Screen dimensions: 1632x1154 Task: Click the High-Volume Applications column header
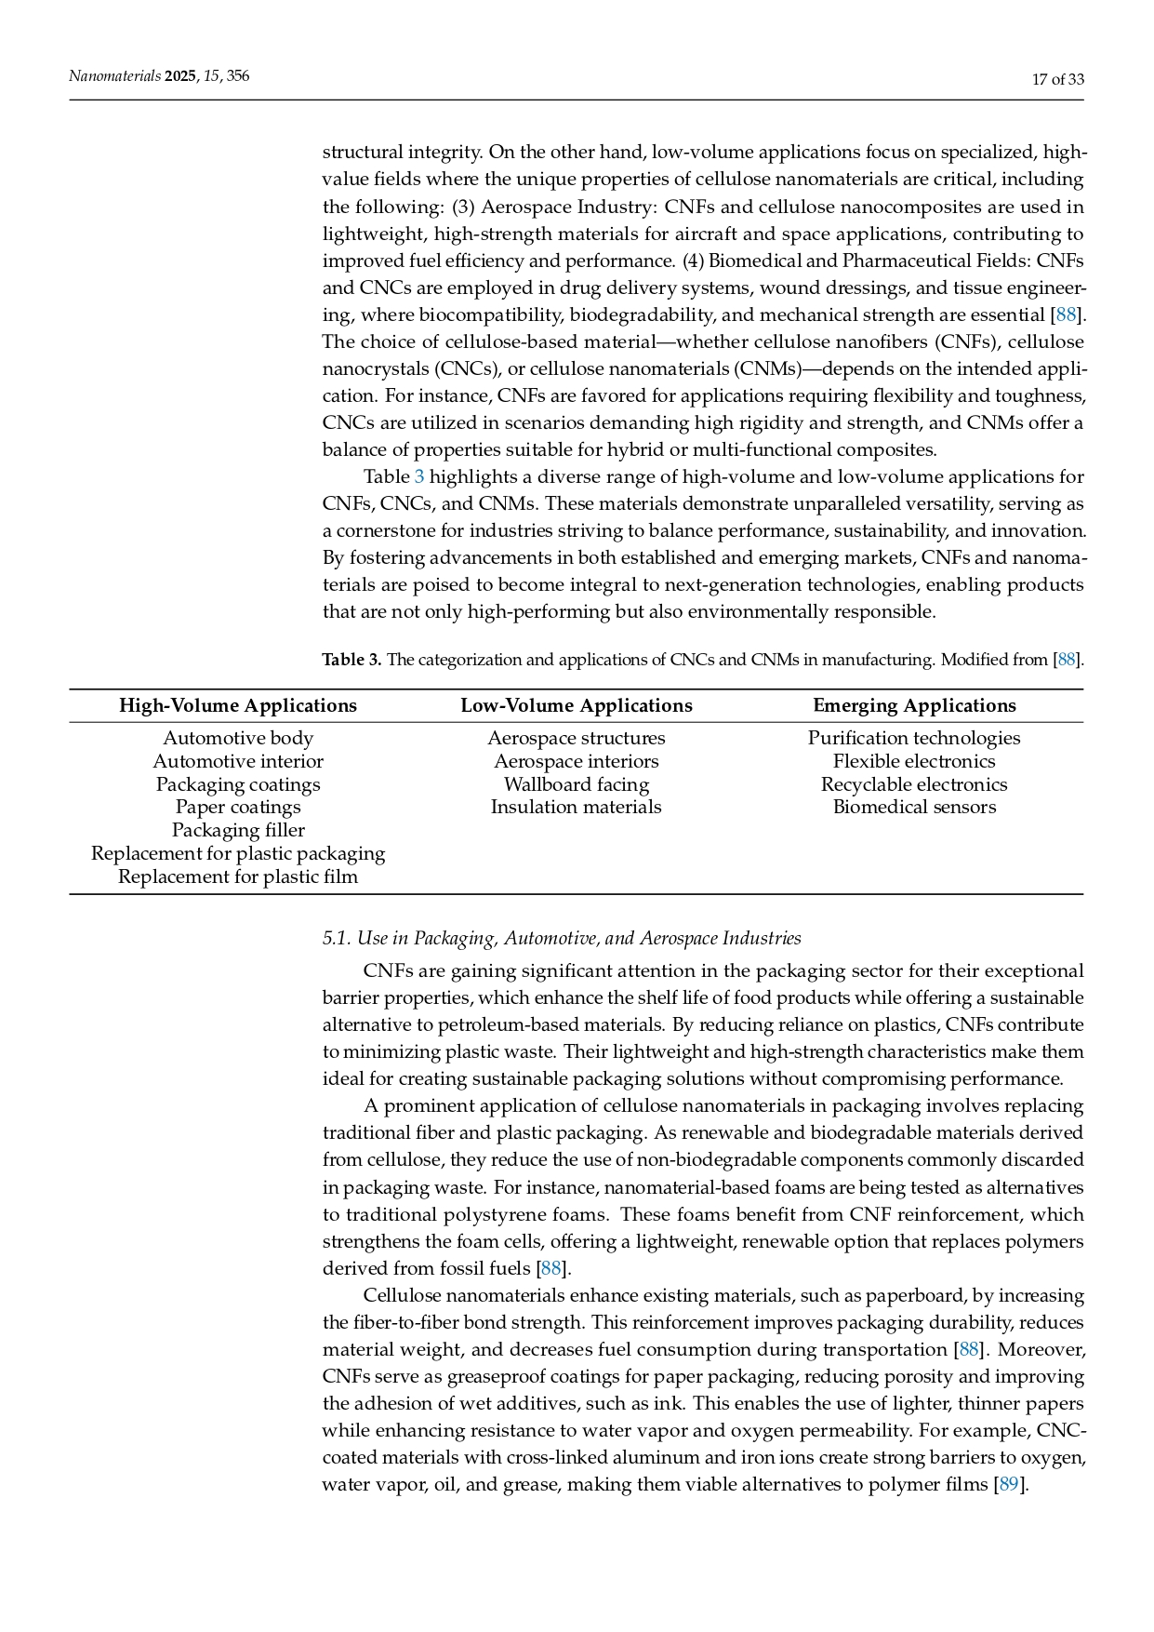238,705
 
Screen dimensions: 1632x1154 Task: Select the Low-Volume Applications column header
577,705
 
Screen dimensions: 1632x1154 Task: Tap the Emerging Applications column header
914,705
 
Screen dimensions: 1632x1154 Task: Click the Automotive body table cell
238,738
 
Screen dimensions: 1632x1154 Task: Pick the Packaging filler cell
238,830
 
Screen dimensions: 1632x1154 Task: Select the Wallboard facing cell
577,784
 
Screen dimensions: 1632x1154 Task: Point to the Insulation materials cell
577,807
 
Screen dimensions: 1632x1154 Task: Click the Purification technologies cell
914,738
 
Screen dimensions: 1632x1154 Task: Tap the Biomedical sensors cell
914,807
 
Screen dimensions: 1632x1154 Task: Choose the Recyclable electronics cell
914,784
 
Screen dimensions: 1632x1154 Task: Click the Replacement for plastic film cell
238,876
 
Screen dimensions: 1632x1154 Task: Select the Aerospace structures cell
577,738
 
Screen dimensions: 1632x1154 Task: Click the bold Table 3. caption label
352,660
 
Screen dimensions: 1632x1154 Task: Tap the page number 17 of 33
1058,79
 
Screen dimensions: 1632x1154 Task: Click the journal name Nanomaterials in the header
114,76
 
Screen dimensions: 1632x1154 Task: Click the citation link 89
1008,1484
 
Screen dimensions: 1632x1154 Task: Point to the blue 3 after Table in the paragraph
419,477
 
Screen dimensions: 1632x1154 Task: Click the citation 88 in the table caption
1067,660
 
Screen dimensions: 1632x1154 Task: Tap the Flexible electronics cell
914,761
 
